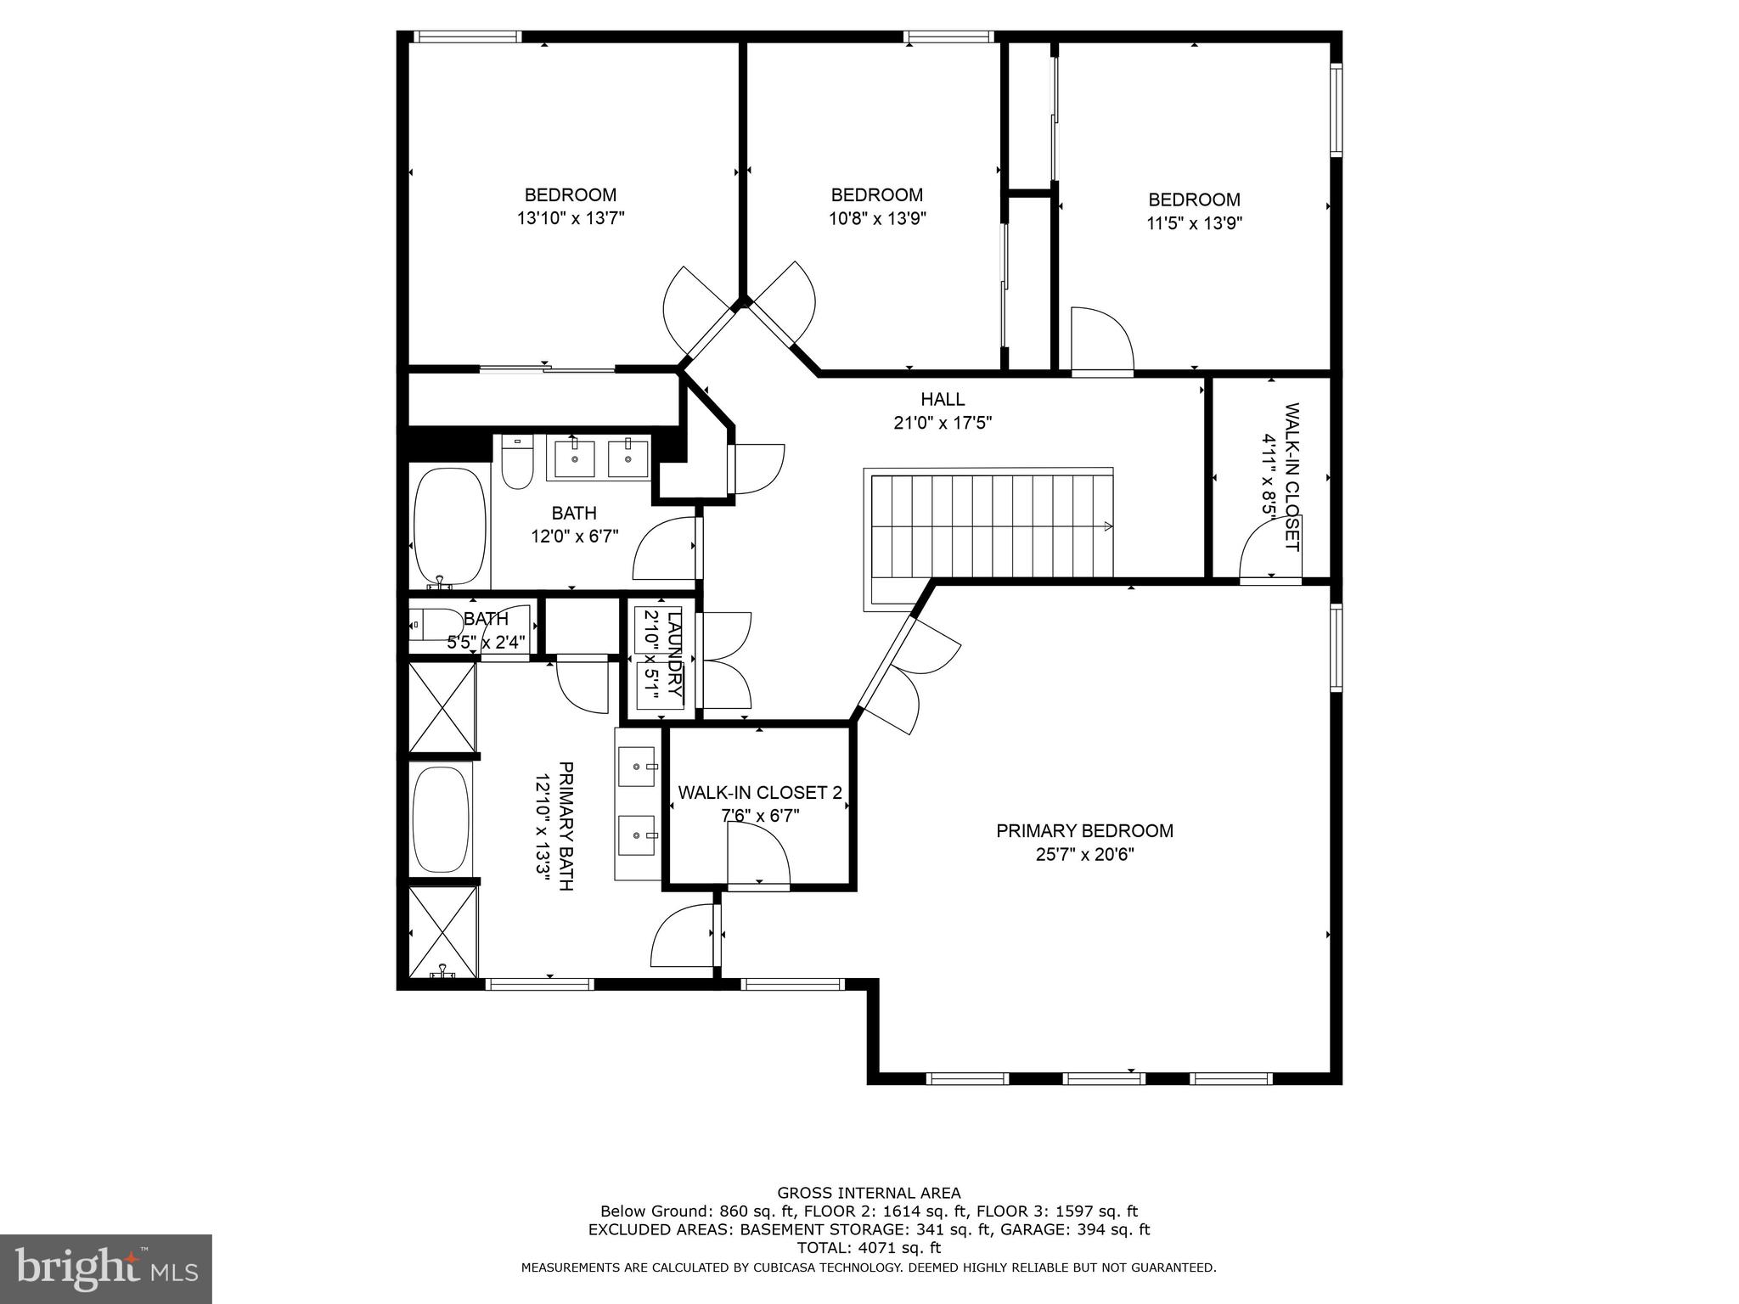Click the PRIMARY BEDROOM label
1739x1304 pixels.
1084,831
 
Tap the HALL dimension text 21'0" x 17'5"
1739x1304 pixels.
943,422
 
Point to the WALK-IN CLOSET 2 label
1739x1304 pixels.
759,793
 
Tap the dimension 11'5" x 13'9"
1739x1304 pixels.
1194,223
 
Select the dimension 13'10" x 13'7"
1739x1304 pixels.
571,218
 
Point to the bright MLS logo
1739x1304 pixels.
106,1268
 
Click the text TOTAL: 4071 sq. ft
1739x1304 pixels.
869,1248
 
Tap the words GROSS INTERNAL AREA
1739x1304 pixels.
869,1193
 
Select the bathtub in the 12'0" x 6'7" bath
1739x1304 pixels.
449,526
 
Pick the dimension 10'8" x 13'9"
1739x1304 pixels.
877,218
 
